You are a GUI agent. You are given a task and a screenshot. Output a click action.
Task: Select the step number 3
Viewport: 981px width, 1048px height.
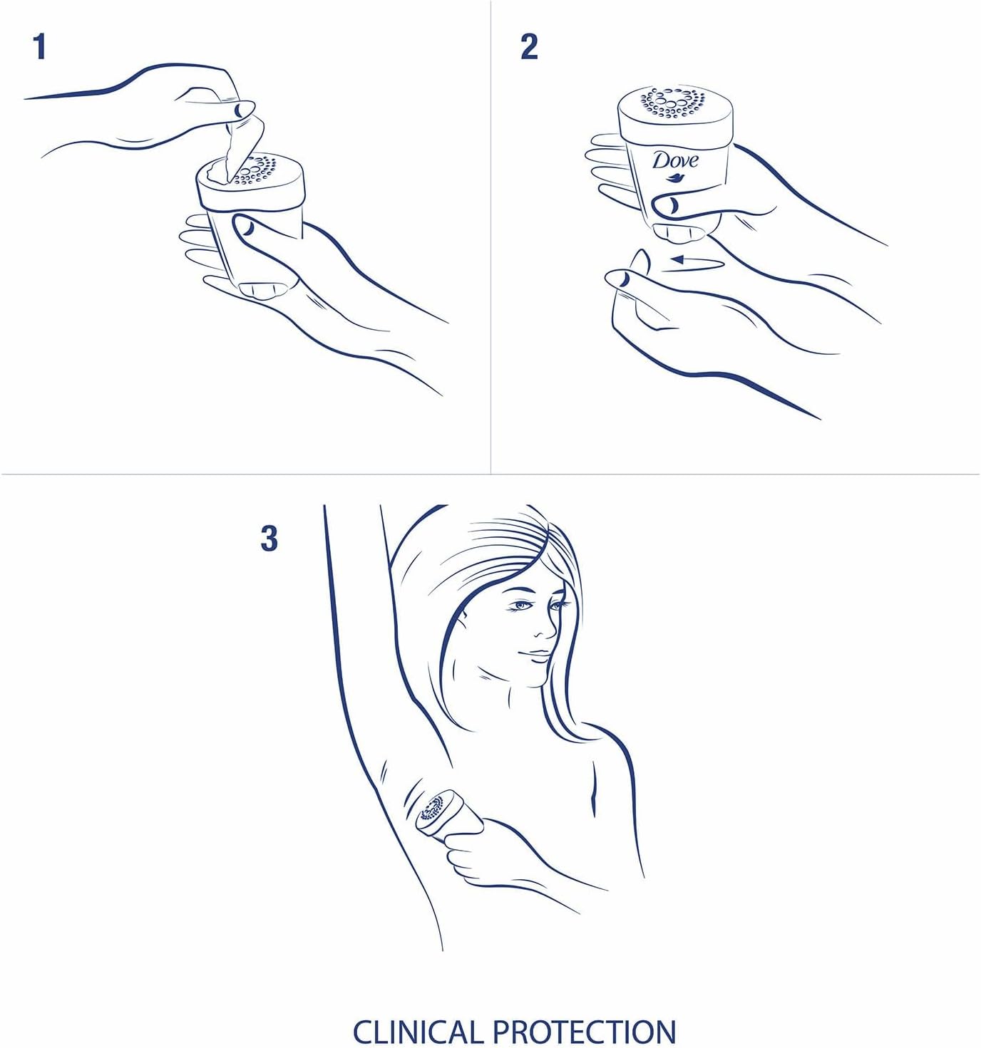(x=269, y=539)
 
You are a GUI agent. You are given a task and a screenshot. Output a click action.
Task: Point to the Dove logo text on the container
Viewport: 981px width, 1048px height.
(x=674, y=160)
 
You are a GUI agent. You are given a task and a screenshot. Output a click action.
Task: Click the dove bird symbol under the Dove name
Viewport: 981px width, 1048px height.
(x=674, y=178)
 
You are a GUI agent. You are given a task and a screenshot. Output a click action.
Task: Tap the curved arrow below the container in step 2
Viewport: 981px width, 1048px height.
(x=692, y=261)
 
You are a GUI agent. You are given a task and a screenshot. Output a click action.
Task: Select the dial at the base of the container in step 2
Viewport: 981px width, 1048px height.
(x=678, y=232)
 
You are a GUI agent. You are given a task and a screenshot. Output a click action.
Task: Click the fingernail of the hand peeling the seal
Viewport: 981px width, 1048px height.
(x=243, y=110)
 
